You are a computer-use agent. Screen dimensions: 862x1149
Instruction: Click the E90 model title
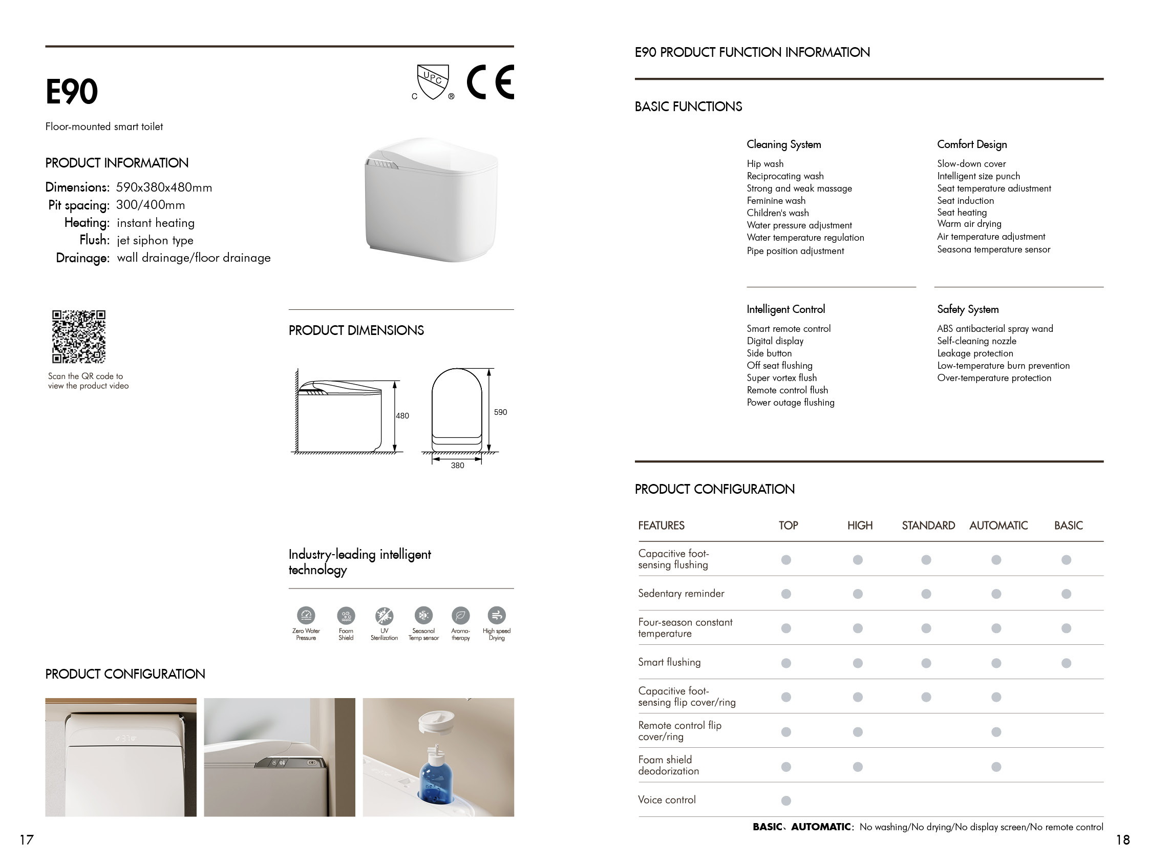point(71,92)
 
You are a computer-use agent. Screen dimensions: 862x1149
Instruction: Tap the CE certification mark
point(490,82)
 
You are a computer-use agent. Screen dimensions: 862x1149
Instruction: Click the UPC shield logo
point(433,81)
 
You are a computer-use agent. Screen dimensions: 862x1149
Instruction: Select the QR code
point(78,337)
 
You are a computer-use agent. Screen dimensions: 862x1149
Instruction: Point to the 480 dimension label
point(402,416)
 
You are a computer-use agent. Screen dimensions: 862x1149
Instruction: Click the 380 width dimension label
point(457,466)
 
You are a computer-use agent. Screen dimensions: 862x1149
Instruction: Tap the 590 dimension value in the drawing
point(500,412)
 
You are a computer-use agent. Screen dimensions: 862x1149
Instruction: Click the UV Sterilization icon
point(384,616)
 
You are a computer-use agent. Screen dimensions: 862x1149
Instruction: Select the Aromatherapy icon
point(460,616)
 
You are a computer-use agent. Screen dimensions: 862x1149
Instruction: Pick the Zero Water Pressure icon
point(306,616)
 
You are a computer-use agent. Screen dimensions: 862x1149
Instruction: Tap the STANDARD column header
point(928,525)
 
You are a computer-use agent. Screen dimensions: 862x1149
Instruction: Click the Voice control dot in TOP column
point(786,801)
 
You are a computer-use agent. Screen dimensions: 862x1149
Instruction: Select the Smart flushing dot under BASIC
point(1066,663)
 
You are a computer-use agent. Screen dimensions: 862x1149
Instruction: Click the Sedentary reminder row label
point(681,594)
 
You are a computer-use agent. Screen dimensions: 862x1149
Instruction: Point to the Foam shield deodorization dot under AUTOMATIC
point(996,766)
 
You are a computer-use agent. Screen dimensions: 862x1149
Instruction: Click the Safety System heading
point(968,309)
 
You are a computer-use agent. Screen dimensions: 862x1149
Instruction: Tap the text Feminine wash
point(776,201)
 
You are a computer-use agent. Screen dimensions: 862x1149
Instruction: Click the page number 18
point(1122,839)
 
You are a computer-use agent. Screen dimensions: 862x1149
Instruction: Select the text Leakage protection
point(975,353)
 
